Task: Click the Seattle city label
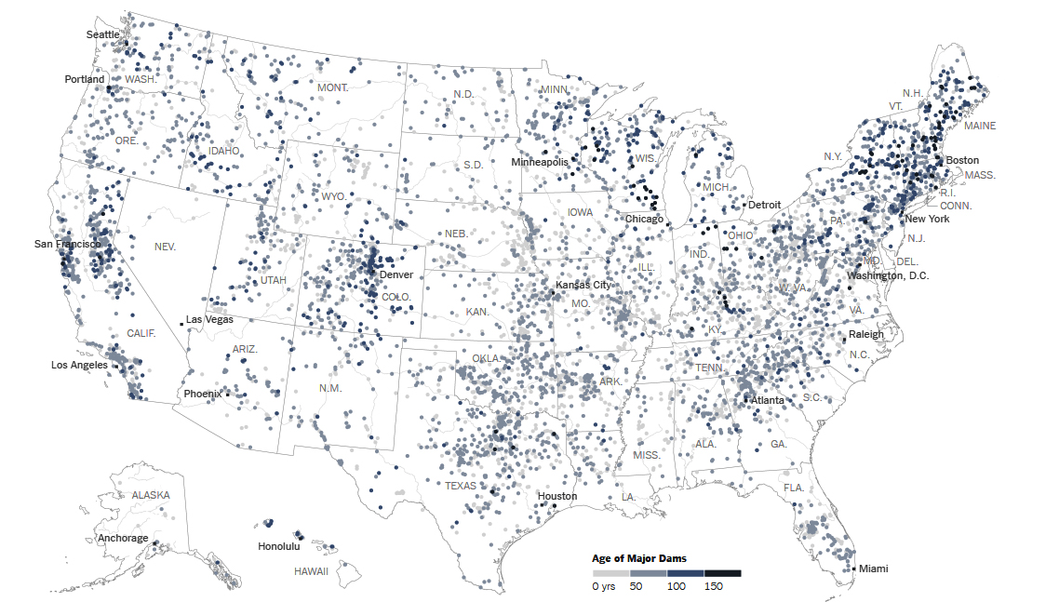click(102, 34)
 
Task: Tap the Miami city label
click(873, 569)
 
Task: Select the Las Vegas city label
click(209, 319)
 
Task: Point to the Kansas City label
click(583, 285)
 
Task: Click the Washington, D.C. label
click(888, 275)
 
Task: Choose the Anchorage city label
click(122, 538)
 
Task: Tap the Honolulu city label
click(278, 546)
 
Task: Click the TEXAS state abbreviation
click(460, 486)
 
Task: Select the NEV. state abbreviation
click(165, 247)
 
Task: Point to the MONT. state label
click(332, 87)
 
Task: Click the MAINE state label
click(979, 126)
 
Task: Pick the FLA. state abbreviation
click(793, 488)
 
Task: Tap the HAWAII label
click(311, 570)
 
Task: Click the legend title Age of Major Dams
click(639, 558)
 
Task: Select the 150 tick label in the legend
click(714, 586)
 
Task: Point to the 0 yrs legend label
click(603, 586)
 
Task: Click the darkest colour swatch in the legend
click(723, 573)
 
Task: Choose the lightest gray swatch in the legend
click(611, 573)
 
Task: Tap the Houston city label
click(556, 496)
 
